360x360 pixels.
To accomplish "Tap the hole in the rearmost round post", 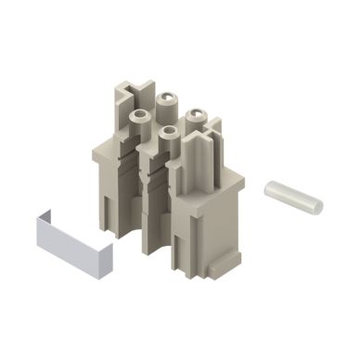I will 170,96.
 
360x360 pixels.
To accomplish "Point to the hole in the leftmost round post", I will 139,115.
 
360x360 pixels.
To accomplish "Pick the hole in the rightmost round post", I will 196,114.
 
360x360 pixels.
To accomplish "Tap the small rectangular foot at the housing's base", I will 214,269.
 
